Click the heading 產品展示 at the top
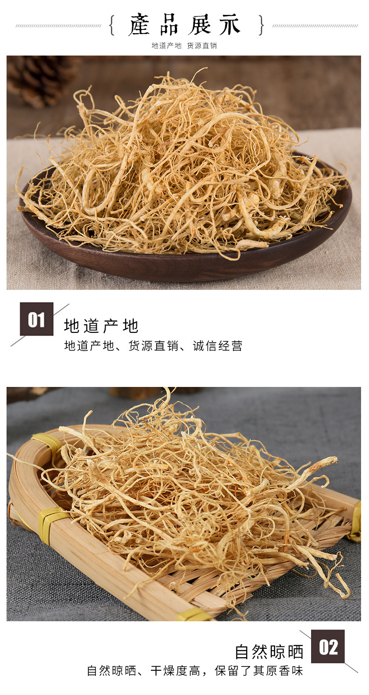click(x=185, y=25)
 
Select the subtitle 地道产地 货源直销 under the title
click(x=184, y=46)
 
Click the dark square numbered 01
click(x=36, y=319)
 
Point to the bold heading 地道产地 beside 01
click(x=101, y=326)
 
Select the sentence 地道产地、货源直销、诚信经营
click(x=153, y=346)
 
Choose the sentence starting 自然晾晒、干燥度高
click(x=195, y=671)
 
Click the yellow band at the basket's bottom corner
click(x=194, y=614)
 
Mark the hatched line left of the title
click(x=58, y=26)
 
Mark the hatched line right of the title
click(x=315, y=26)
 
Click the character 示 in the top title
click(x=230, y=25)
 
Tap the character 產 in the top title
click(x=140, y=25)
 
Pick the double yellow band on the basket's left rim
click(x=52, y=524)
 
